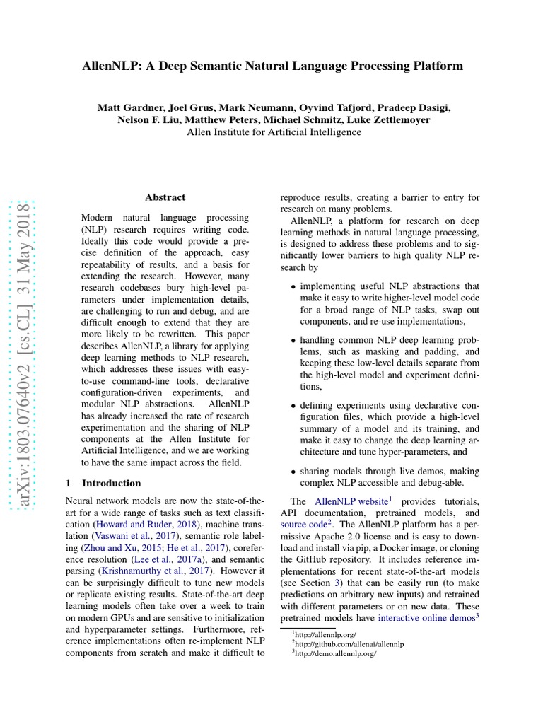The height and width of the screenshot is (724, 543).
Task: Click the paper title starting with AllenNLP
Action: click(x=272, y=66)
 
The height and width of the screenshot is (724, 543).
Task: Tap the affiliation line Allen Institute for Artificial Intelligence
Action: click(x=273, y=132)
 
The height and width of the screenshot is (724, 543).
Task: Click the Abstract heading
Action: click(x=165, y=197)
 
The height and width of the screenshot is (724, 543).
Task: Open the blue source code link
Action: click(x=303, y=525)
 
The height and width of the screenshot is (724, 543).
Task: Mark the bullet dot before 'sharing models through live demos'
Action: click(x=293, y=472)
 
